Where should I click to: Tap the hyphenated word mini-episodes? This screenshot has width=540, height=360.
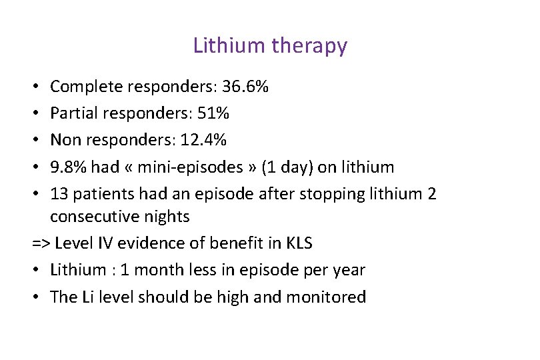[189, 167]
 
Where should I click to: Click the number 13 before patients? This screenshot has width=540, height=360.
[59, 193]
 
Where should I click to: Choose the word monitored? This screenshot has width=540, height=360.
[326, 297]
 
